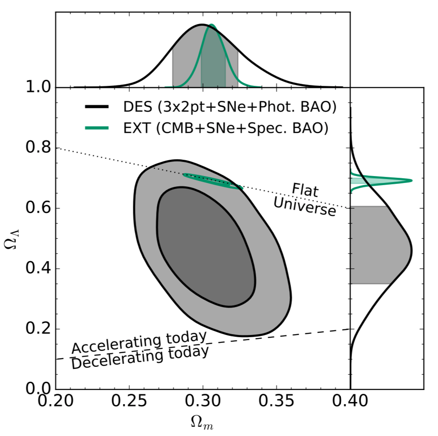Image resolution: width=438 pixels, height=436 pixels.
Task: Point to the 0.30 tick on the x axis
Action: point(203,389)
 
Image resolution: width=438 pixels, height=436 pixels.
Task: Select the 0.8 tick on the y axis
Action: point(55,148)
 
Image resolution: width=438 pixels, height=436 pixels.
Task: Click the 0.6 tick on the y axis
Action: point(55,208)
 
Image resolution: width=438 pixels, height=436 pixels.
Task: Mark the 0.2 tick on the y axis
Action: point(55,329)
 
